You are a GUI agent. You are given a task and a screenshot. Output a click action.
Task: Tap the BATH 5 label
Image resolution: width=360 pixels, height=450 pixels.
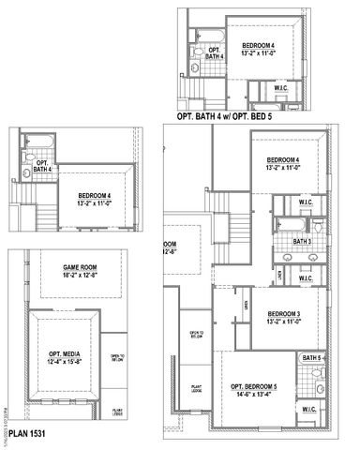click(x=311, y=358)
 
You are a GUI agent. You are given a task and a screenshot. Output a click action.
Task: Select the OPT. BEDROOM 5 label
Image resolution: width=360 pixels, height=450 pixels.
click(x=254, y=386)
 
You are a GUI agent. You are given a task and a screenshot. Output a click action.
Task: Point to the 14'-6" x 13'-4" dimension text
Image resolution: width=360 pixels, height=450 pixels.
click(x=254, y=395)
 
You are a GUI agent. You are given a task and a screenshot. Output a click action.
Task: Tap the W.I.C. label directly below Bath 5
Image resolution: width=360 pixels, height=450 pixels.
click(x=309, y=410)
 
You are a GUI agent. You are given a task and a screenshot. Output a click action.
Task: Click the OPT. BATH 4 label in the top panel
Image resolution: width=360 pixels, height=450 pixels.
click(x=215, y=52)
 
